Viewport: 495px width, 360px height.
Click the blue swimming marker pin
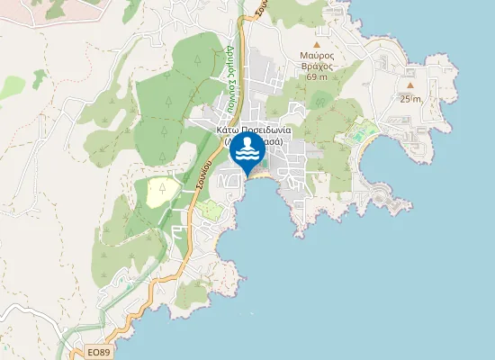point(247,152)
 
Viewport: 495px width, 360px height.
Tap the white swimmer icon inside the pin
point(247,150)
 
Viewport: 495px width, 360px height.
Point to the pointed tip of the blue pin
point(247,176)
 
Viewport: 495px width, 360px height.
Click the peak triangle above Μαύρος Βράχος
point(317,44)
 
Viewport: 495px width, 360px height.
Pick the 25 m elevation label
point(410,99)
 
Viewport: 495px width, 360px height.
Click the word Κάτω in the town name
point(226,130)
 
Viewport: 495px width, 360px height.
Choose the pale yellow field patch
point(162,190)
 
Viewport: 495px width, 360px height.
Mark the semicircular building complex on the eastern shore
point(381,194)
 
